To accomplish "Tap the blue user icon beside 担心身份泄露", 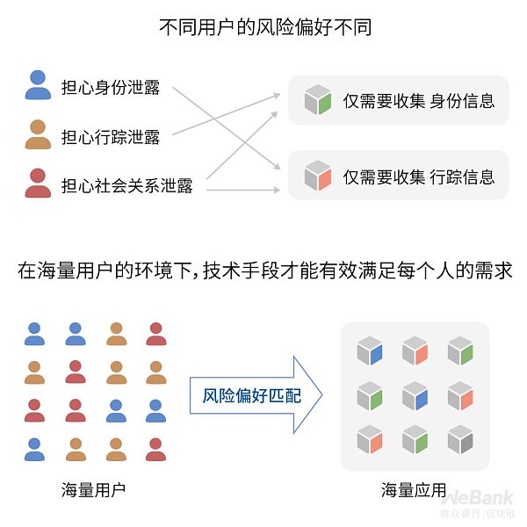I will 38,86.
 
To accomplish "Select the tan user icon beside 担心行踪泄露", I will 38,135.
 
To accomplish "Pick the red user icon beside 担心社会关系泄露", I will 38,184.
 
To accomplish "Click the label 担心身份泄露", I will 111,88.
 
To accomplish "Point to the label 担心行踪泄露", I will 111,137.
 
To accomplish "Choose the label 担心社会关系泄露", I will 126,186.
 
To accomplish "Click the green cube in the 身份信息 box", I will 317,101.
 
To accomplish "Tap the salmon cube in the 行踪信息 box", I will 317,176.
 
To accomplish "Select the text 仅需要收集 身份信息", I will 418,101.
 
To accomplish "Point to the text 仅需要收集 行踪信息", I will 418,177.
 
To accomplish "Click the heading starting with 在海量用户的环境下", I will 264,271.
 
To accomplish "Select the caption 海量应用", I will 414,489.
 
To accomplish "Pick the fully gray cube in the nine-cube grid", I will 460,438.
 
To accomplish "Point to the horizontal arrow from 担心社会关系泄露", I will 237,189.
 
